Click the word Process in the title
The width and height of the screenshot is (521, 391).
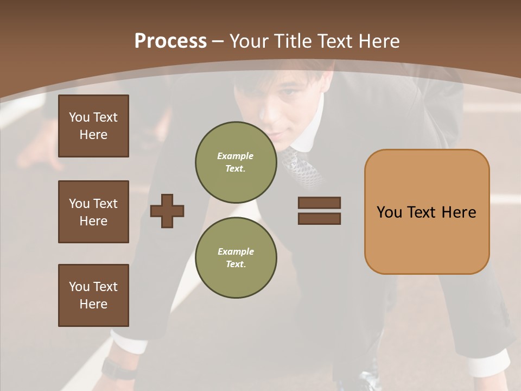tap(170, 41)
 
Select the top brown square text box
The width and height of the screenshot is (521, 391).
tap(93, 126)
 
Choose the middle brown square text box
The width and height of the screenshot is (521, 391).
tap(93, 212)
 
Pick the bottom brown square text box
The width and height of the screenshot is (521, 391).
tap(93, 295)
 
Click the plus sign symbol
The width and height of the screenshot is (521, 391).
tap(167, 211)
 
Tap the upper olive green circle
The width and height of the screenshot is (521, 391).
tap(236, 162)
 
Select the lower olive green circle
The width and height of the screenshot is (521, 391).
tap(236, 257)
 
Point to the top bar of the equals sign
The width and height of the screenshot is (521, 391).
tap(319, 203)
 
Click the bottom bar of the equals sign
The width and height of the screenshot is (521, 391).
tap(319, 218)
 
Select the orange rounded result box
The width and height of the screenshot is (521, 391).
tap(427, 212)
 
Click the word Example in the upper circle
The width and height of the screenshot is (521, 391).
tap(235, 156)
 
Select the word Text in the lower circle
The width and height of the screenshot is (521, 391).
tap(235, 264)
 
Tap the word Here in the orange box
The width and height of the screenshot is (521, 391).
tap(459, 212)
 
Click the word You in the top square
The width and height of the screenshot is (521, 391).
tap(79, 117)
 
